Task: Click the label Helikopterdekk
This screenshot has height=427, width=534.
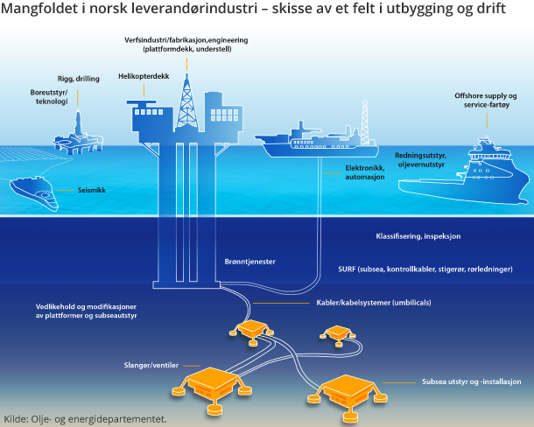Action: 143,77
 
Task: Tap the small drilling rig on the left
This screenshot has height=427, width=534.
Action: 76,131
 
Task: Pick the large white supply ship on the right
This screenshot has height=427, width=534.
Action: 464,175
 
